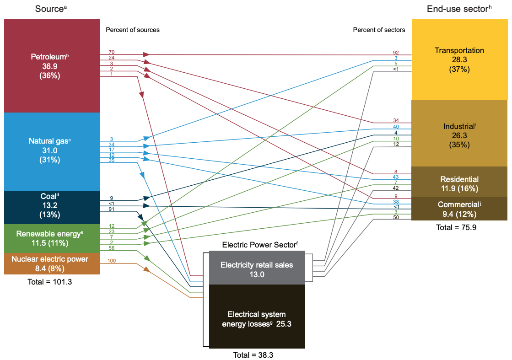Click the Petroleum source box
(52, 65)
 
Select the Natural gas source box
(52, 152)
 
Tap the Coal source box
(52, 208)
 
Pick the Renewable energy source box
(52, 239)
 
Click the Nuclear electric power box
(52, 264)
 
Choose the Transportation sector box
(459, 59)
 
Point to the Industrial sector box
(459, 133)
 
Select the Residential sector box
(459, 182)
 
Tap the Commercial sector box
(459, 209)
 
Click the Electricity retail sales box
(257, 268)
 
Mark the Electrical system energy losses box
(257, 317)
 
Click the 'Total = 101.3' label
(49, 282)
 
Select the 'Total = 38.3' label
(253, 355)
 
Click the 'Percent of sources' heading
(133, 30)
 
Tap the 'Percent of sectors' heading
(379, 30)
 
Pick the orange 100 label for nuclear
(112, 261)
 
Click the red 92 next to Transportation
(396, 53)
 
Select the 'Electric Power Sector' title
(260, 245)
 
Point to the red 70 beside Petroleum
(111, 52)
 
